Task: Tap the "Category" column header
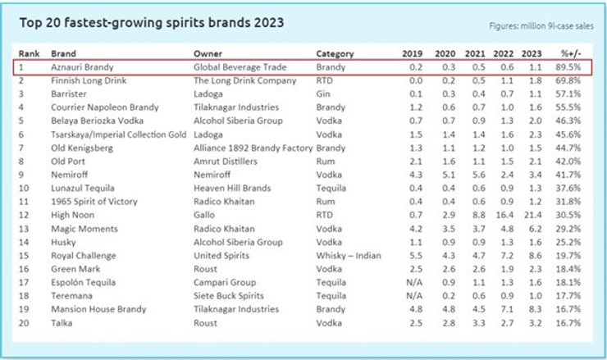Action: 335,53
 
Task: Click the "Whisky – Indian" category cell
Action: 349,256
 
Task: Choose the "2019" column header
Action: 413,53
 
